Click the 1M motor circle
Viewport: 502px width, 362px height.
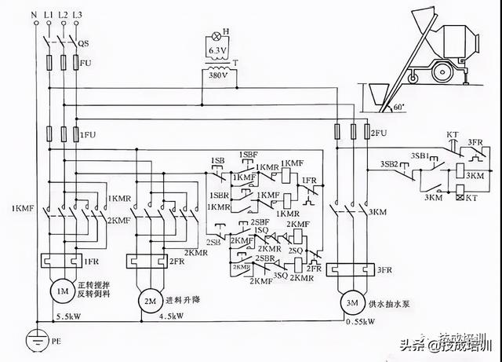(60, 292)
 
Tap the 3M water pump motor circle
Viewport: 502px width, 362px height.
(347, 302)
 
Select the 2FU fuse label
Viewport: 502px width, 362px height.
(380, 131)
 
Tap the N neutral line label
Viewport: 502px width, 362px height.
(34, 15)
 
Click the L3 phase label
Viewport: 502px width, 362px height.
(76, 15)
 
